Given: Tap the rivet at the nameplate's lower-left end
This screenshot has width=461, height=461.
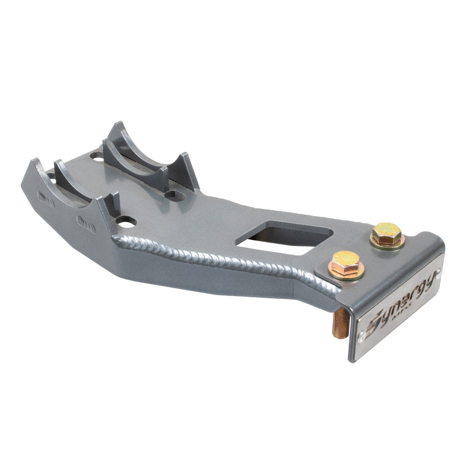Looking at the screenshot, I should [x=361, y=336].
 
